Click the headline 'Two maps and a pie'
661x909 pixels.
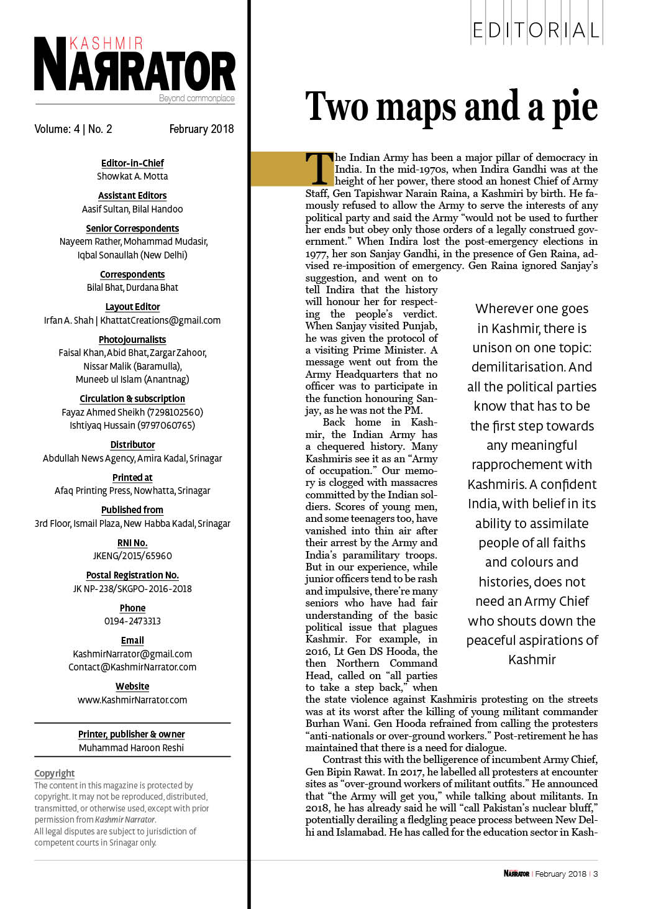click(x=451, y=107)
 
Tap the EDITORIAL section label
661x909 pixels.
click(x=536, y=30)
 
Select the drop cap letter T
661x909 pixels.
click(x=319, y=168)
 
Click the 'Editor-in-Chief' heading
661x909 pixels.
click(x=132, y=163)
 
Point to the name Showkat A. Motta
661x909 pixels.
click(x=132, y=176)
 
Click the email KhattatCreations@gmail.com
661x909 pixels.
click(x=160, y=321)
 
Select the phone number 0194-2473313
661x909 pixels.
click(x=132, y=621)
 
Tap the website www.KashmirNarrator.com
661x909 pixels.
click(x=132, y=700)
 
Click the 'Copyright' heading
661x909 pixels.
click(x=55, y=774)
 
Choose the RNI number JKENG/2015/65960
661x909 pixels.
click(x=132, y=556)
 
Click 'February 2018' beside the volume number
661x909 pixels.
click(x=201, y=129)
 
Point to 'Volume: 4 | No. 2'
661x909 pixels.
click(x=73, y=129)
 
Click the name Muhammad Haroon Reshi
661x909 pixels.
click(x=131, y=748)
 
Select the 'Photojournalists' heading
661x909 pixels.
click(x=132, y=340)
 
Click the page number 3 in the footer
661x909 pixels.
click(x=596, y=874)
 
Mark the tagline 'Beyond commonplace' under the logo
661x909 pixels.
click(x=196, y=98)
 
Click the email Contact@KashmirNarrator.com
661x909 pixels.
click(x=132, y=667)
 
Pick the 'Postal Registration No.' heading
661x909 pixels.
click(x=132, y=575)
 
